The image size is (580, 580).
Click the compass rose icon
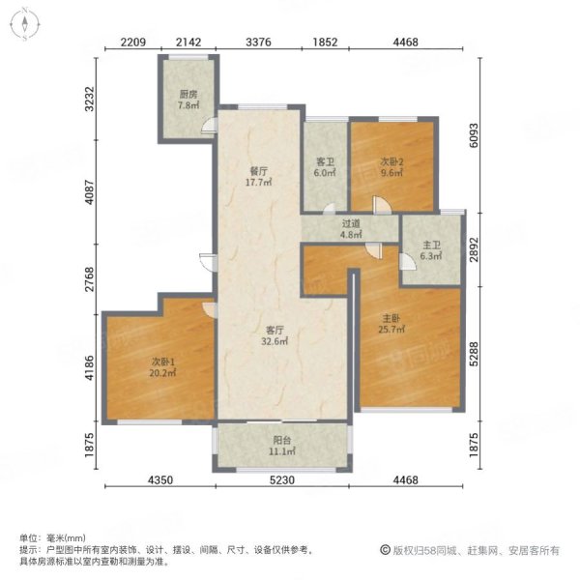click(24, 24)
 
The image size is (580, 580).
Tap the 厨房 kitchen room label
click(188, 95)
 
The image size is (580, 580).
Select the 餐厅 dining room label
click(258, 172)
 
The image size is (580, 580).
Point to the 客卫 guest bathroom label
click(325, 162)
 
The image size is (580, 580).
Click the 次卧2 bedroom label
click(392, 161)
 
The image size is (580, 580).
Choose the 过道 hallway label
click(351, 223)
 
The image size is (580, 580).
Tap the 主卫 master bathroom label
click(431, 245)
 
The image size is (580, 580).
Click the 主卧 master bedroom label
click(391, 318)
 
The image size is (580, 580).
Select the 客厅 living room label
click(275, 330)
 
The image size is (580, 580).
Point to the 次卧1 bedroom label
click(163, 362)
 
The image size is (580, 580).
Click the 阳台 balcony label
click(282, 440)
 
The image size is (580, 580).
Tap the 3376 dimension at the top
click(258, 43)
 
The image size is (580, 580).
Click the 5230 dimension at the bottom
click(282, 480)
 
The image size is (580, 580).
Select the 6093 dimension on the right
click(474, 135)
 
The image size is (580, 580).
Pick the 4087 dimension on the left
click(89, 192)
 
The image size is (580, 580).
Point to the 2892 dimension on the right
click(474, 249)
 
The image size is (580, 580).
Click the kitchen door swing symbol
click(208, 125)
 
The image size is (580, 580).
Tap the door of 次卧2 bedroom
click(382, 205)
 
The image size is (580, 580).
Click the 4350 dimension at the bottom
click(160, 480)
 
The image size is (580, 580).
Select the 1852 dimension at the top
click(325, 43)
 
